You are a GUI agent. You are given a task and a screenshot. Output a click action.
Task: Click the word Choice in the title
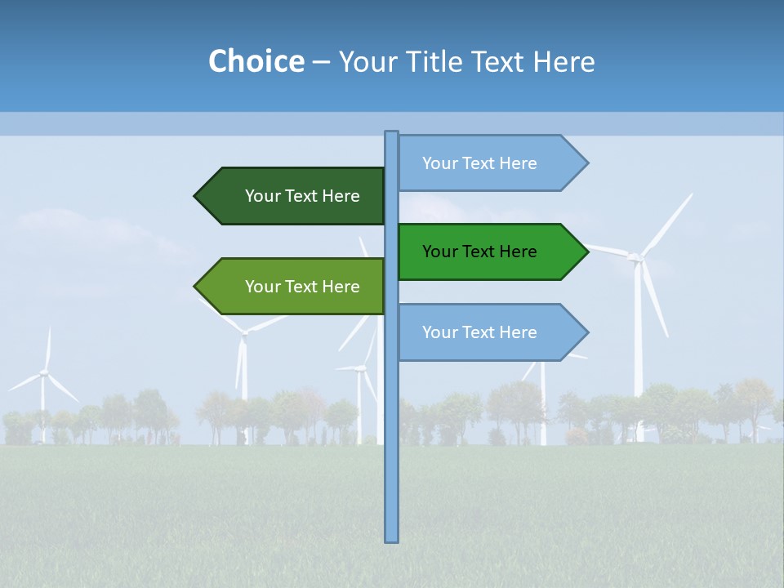coord(256,61)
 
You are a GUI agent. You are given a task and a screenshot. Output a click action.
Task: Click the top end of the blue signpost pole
coord(391,133)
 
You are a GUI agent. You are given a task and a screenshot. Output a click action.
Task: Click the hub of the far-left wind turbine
coord(44,372)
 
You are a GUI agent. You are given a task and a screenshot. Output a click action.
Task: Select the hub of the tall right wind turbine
coord(635,258)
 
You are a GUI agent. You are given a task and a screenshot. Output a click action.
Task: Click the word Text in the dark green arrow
coord(302,196)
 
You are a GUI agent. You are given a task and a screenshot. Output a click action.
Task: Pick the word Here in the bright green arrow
coord(518,252)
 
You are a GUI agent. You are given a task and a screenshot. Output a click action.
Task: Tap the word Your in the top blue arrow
coord(439,163)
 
